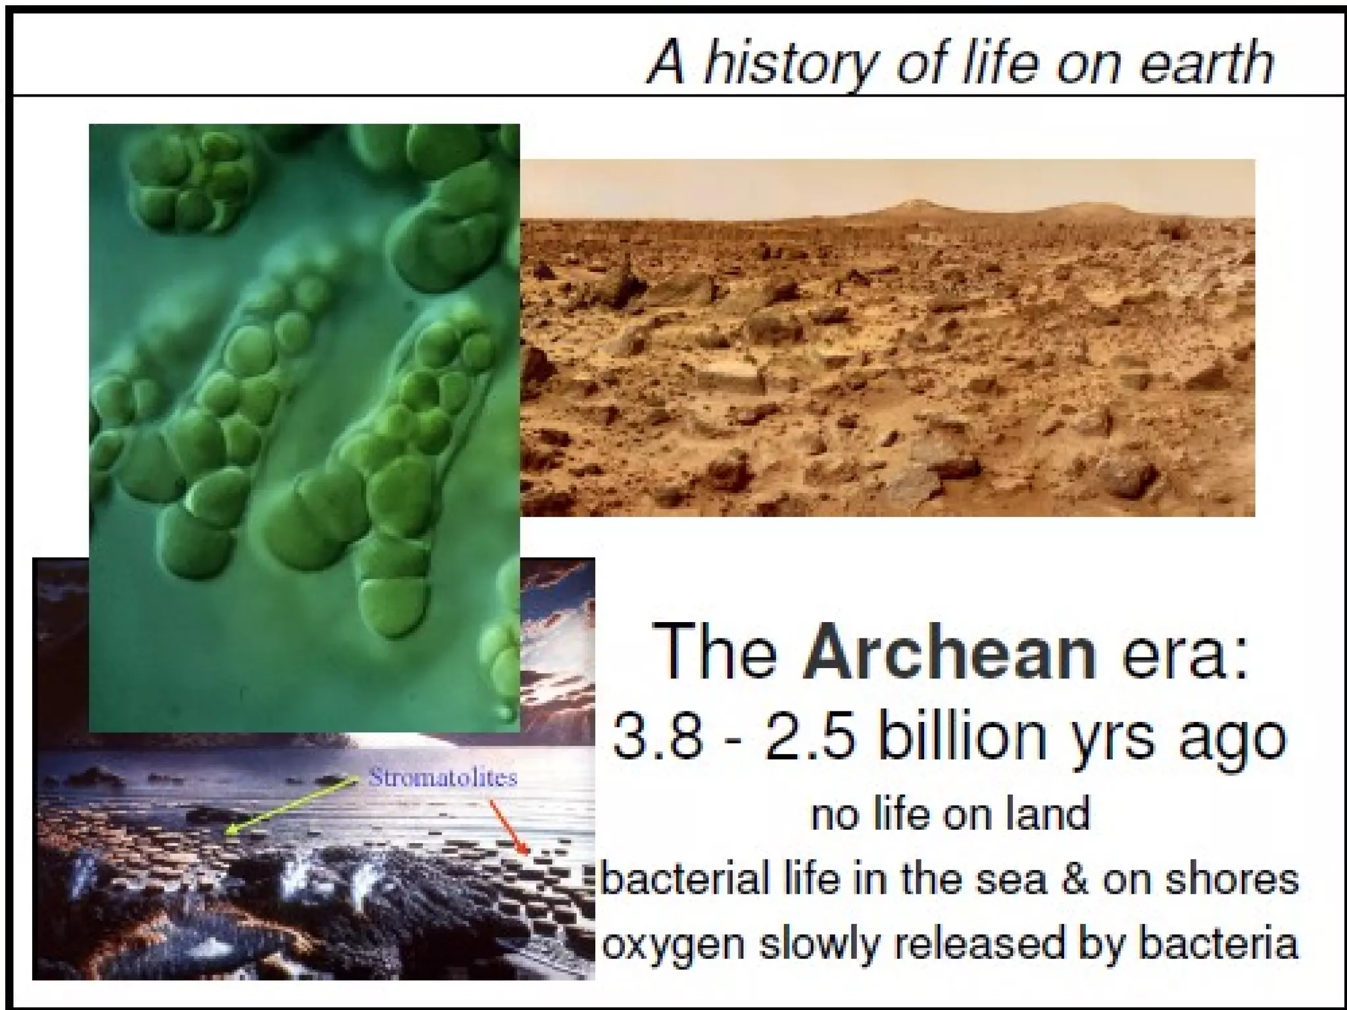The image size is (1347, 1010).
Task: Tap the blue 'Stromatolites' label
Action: pos(443,778)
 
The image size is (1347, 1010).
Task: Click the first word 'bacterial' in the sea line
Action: pos(685,879)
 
